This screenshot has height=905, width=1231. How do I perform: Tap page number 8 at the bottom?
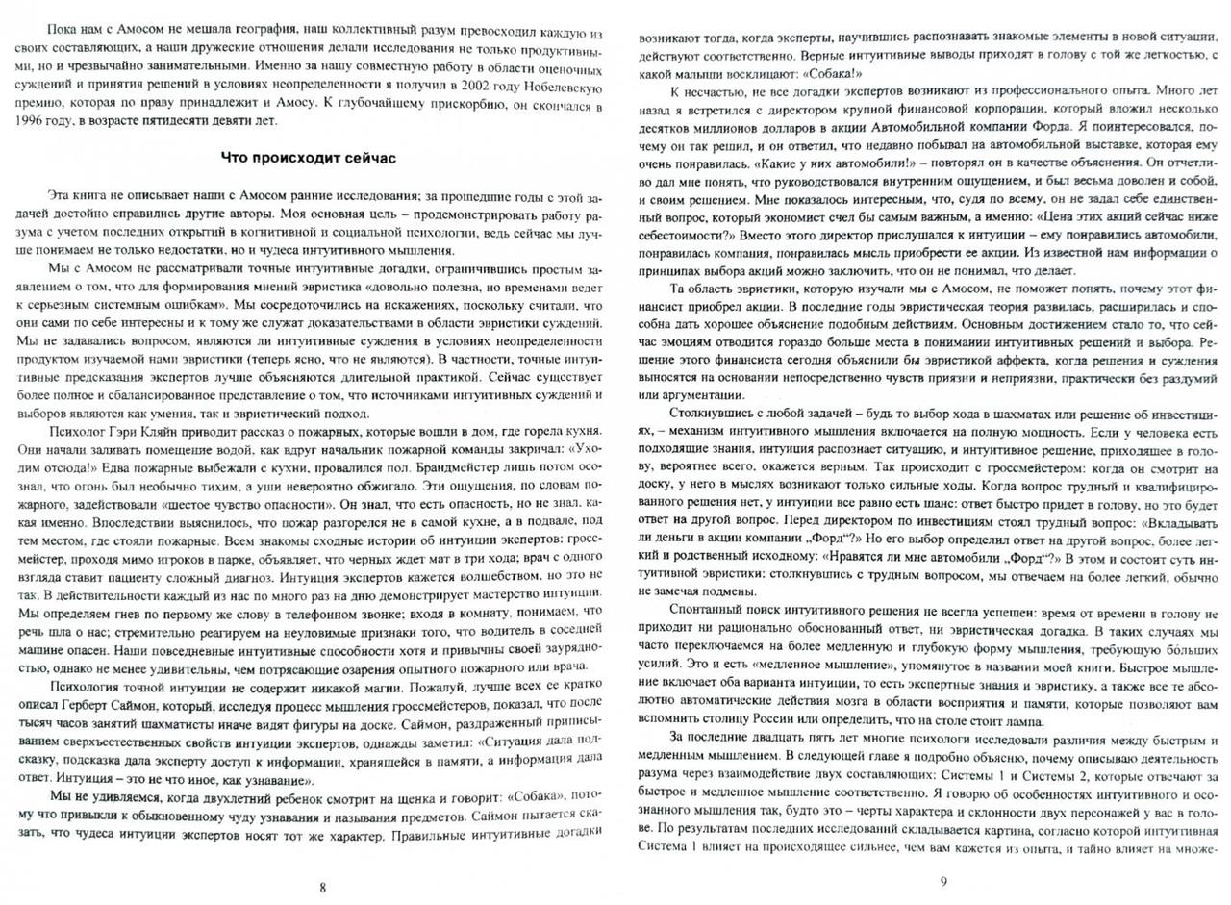[322, 887]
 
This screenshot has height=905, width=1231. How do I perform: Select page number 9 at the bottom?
[943, 881]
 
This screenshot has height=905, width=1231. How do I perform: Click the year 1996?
[31, 120]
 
